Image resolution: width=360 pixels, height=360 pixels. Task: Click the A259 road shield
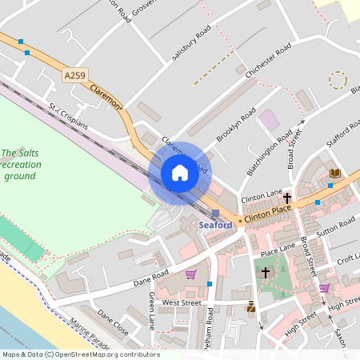[x=74, y=75]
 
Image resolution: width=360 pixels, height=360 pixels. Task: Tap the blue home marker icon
[x=180, y=173]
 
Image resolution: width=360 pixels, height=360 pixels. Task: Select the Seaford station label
[x=215, y=225]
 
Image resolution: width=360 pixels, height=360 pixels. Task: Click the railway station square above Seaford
[x=215, y=213]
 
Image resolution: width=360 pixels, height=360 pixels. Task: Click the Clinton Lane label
[x=262, y=195]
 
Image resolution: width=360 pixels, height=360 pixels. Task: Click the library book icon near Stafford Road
[x=334, y=173]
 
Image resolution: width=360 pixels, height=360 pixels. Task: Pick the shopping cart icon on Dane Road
[x=190, y=274]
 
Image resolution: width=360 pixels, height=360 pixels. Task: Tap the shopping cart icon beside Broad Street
[x=324, y=288]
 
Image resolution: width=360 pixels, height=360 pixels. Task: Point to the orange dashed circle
[x=338, y=79]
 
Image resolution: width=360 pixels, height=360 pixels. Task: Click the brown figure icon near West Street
[x=251, y=306]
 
